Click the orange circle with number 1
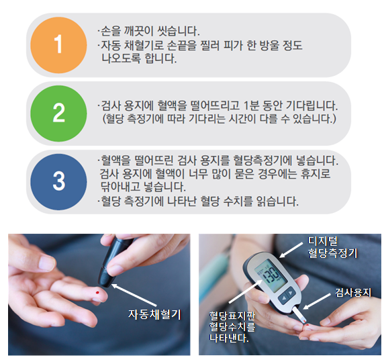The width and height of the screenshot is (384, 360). (x=58, y=45)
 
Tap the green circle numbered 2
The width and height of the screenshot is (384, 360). (x=58, y=114)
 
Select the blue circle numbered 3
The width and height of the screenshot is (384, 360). (x=58, y=182)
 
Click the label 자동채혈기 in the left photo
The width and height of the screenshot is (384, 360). (x=154, y=314)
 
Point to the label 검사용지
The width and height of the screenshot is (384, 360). (x=353, y=292)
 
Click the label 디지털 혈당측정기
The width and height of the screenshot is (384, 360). (x=332, y=247)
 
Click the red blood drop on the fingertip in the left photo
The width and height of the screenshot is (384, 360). (x=97, y=293)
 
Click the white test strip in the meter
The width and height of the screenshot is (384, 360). (x=299, y=315)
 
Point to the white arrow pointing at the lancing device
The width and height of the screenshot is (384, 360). (x=134, y=296)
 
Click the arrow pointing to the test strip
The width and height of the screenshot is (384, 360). (x=317, y=302)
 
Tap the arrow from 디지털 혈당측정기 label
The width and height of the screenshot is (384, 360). (x=291, y=251)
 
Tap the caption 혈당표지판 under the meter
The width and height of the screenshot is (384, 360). (x=232, y=316)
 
